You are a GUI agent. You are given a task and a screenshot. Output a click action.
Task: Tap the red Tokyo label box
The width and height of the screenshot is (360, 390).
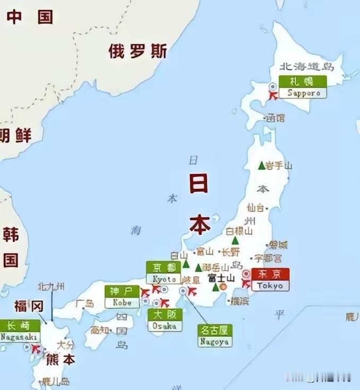(270, 280)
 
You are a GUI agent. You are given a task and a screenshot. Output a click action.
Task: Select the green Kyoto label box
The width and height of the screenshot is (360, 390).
(164, 273)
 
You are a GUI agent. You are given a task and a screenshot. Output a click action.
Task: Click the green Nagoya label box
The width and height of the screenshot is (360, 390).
(215, 336)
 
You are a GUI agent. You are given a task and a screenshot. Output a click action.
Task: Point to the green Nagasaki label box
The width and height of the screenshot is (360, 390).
(20, 331)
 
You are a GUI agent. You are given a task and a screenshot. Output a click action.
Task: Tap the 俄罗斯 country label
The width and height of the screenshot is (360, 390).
(138, 51)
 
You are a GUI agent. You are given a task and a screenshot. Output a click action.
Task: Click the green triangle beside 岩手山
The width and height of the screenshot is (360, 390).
(261, 166)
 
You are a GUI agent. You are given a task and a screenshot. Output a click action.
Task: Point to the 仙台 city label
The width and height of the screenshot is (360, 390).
(255, 207)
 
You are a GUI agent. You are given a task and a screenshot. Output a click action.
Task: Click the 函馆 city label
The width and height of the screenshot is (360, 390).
(276, 118)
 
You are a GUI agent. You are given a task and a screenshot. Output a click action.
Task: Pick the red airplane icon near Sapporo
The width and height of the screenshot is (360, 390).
(273, 96)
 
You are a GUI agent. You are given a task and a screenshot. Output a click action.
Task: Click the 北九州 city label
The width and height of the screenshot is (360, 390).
(51, 287)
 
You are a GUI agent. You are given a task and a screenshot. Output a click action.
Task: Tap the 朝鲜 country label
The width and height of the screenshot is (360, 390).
(15, 135)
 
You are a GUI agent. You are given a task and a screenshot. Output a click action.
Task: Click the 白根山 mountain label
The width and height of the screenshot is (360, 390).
(239, 231)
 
